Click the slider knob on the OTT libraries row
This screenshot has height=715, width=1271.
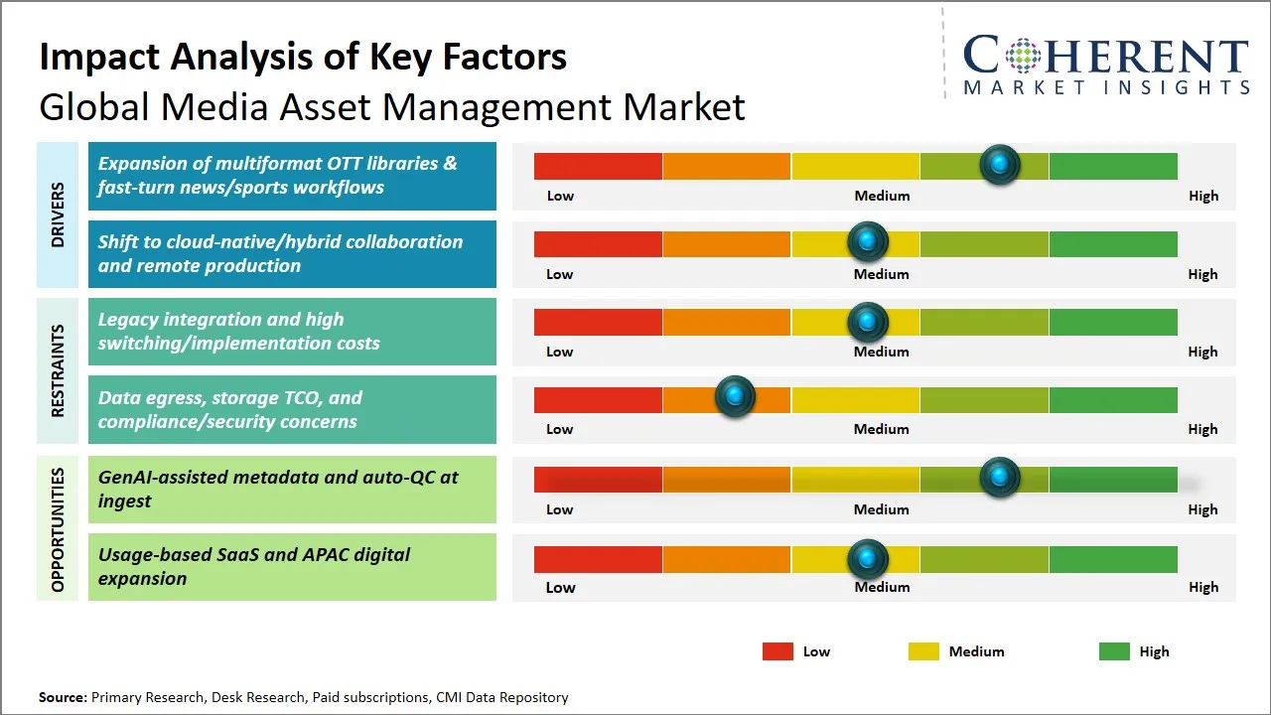click(x=1000, y=165)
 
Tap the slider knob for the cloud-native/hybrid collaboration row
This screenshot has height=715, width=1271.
click(x=868, y=241)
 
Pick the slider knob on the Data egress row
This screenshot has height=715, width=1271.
click(x=735, y=397)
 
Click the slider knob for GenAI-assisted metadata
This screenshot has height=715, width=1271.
click(x=1000, y=478)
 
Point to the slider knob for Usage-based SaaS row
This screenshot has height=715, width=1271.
click(x=868, y=559)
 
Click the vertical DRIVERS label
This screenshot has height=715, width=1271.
click(x=58, y=214)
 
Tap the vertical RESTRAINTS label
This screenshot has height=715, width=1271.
click(x=58, y=370)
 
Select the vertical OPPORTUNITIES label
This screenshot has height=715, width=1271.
click(x=58, y=529)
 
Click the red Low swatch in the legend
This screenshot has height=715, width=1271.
click(x=777, y=651)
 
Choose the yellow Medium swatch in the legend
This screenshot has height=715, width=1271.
click(x=923, y=651)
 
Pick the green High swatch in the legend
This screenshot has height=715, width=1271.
click(x=1114, y=651)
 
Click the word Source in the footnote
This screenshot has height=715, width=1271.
click(x=63, y=697)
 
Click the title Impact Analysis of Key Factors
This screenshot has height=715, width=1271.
click(x=303, y=58)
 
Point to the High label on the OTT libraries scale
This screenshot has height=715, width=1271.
click(x=1203, y=196)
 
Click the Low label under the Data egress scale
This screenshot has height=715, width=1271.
click(x=560, y=429)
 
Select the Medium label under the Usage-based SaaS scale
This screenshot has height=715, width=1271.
click(x=882, y=587)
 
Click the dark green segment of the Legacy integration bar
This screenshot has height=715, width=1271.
click(x=1113, y=322)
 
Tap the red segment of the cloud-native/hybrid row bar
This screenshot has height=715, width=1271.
click(x=598, y=244)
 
